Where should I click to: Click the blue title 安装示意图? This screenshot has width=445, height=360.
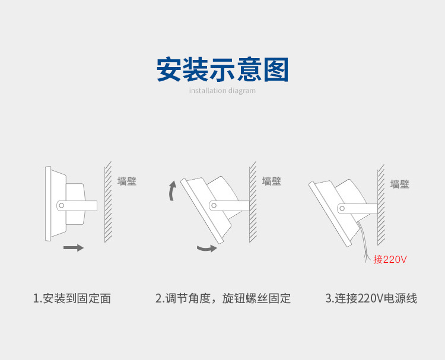(x=222, y=69)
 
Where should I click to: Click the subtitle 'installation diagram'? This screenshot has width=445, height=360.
(x=222, y=91)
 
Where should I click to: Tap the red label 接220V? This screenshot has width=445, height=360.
(x=390, y=259)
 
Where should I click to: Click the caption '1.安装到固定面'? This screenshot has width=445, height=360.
(x=72, y=298)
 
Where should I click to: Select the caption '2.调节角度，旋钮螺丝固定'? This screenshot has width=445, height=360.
(x=223, y=298)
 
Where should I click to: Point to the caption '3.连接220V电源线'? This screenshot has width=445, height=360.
(x=371, y=298)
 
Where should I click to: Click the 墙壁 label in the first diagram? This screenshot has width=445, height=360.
(x=126, y=181)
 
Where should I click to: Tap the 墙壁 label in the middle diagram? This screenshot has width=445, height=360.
(x=271, y=181)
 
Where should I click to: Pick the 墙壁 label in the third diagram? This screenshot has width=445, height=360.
(x=400, y=184)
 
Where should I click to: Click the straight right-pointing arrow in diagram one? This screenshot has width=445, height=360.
(x=73, y=247)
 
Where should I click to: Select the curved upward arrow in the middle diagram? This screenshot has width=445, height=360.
(x=172, y=191)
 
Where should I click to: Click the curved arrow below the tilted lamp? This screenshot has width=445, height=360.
(x=206, y=248)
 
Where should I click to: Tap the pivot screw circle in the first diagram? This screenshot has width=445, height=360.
(x=61, y=205)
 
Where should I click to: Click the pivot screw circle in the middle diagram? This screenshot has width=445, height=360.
(x=214, y=205)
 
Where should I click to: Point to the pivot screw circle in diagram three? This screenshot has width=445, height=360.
(x=342, y=208)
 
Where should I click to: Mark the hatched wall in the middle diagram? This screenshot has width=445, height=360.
(x=253, y=202)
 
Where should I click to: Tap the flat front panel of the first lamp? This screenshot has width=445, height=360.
(x=47, y=205)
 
